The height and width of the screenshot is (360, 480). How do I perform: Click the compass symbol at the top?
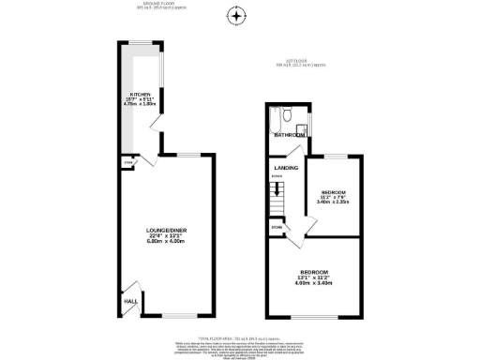[x=236, y=15]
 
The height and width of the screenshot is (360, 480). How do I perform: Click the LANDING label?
[x=286, y=168]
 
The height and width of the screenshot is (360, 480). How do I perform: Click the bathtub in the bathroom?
[x=273, y=120]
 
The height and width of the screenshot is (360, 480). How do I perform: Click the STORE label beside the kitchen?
[x=127, y=163]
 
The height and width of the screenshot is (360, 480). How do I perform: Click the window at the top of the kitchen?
[x=142, y=42]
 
